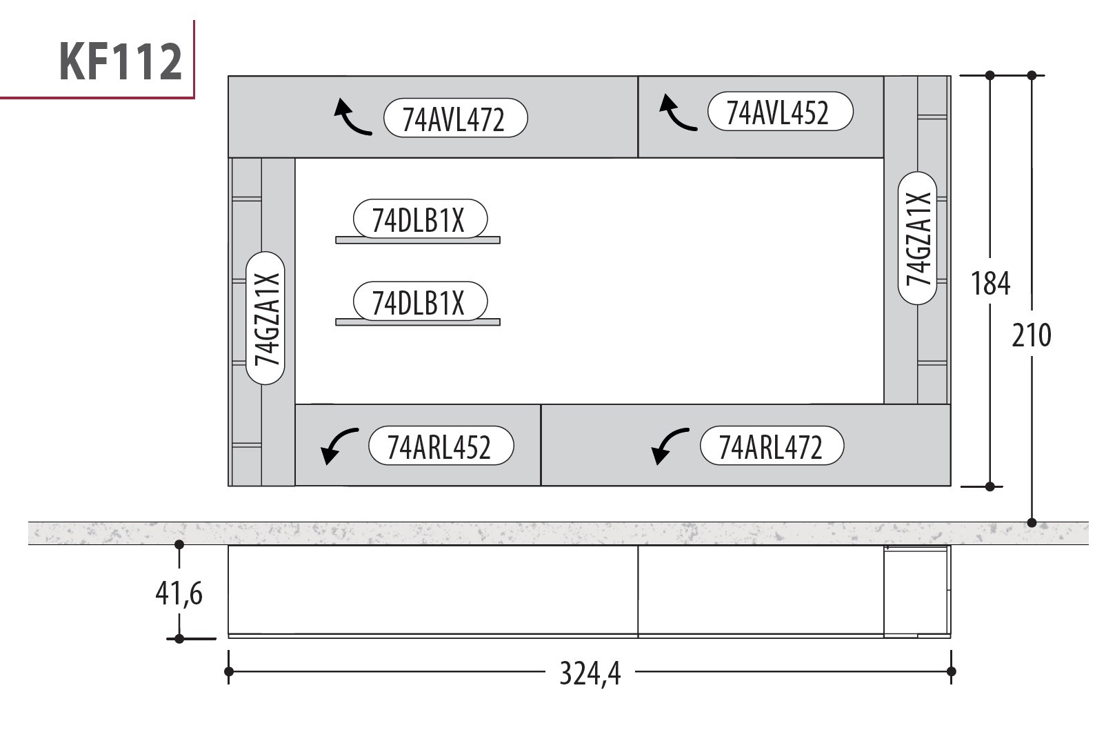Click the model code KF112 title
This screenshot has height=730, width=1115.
coord(121,61)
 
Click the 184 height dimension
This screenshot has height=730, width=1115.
coord(991,284)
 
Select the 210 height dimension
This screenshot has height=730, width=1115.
coord(1032,335)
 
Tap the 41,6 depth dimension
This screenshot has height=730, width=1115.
coord(179,593)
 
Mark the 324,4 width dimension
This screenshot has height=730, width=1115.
coord(590,673)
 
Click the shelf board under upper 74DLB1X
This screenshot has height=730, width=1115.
coord(418,240)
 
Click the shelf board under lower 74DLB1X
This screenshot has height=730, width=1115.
coord(418,322)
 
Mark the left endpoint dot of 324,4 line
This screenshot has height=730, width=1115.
coord(228,672)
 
